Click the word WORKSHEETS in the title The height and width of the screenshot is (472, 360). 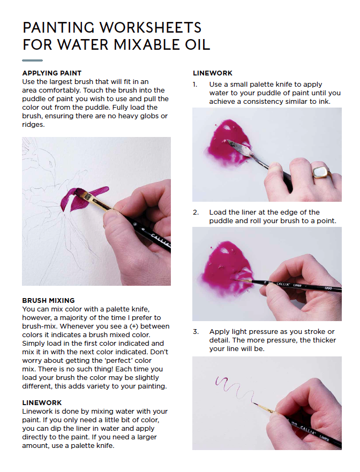149,27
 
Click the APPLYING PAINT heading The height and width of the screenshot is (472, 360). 52,73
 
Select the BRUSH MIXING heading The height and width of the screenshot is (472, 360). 49,301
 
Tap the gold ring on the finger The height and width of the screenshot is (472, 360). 321,172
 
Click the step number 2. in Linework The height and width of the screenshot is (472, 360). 196,212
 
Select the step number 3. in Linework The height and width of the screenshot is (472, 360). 196,332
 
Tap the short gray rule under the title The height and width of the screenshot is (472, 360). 32,60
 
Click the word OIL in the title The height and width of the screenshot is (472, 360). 196,44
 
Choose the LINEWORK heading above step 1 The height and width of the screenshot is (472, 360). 213,73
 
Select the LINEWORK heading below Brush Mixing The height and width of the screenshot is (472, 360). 42,403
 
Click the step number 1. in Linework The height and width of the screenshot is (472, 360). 196,85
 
